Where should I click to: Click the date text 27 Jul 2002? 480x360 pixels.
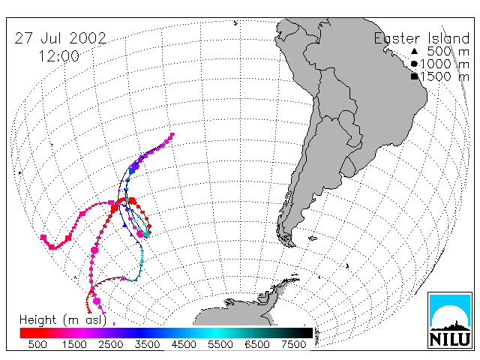pyautogui.click(x=60, y=38)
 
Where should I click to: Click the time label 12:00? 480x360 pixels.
pyautogui.click(x=58, y=56)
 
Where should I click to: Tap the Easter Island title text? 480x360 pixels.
pyautogui.click(x=421, y=39)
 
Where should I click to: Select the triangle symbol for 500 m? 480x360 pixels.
pyautogui.click(x=414, y=51)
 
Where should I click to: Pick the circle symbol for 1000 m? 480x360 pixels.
pyautogui.click(x=414, y=64)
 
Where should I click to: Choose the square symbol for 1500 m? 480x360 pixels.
pyautogui.click(x=415, y=76)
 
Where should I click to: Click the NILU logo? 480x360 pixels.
pyautogui.click(x=450, y=320)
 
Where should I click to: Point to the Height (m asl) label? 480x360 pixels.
pyautogui.click(x=63, y=320)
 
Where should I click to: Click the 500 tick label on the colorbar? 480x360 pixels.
pyautogui.click(x=37, y=344)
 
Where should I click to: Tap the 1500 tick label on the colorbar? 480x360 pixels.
pyautogui.click(x=74, y=344)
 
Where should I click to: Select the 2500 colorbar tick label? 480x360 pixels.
pyautogui.click(x=111, y=344)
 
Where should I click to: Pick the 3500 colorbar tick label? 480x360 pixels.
pyautogui.click(x=147, y=344)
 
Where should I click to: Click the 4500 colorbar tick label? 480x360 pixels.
pyautogui.click(x=184, y=344)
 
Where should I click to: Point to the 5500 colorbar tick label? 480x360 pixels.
pyautogui.click(x=220, y=344)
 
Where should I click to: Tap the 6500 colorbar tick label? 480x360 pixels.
pyautogui.click(x=257, y=344)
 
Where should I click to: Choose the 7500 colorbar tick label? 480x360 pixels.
pyautogui.click(x=294, y=344)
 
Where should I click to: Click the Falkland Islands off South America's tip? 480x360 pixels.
pyautogui.click(x=313, y=238)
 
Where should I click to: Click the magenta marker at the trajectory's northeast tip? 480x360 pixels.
pyautogui.click(x=172, y=134)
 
